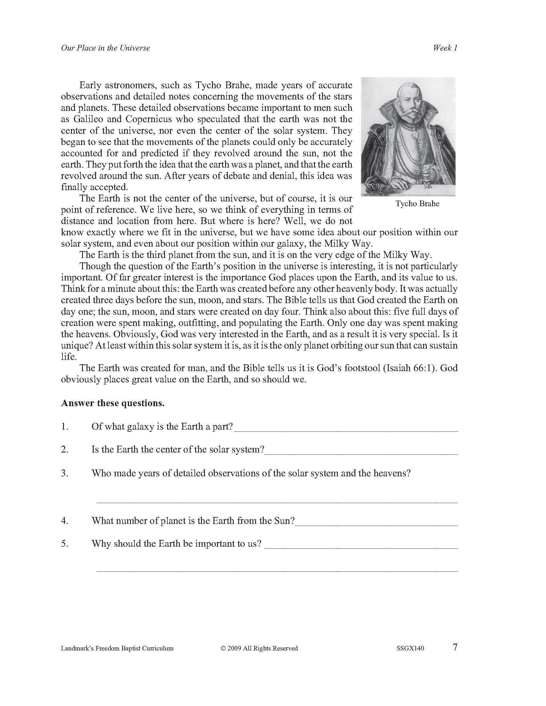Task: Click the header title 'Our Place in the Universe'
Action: point(106,48)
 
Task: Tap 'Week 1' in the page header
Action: point(445,48)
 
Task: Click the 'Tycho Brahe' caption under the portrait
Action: point(417,204)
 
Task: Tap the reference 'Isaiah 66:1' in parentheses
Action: point(409,368)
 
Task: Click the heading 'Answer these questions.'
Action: point(113,403)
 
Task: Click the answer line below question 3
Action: point(277,501)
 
